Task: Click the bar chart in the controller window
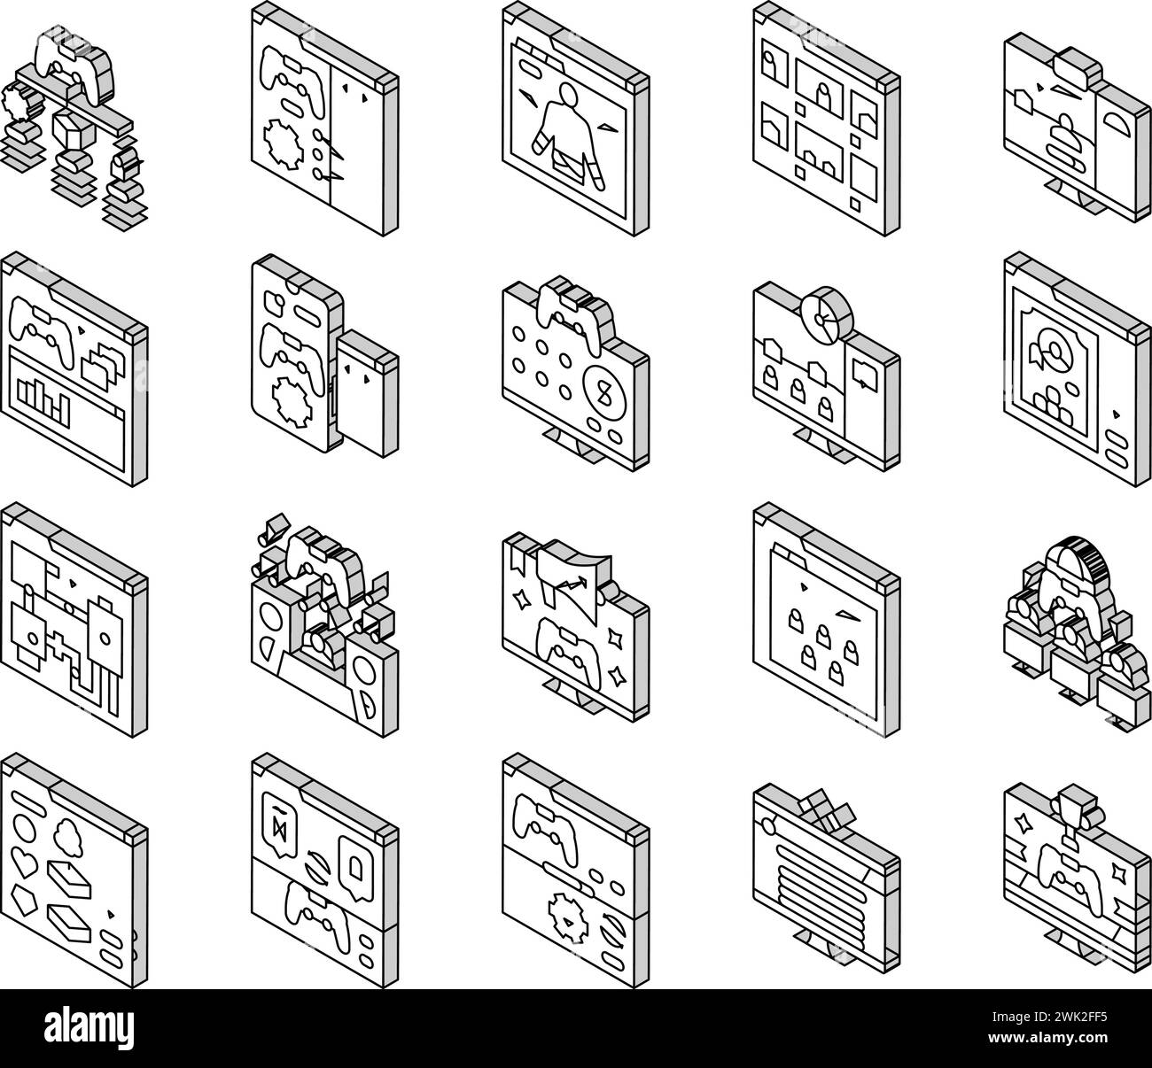43,399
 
